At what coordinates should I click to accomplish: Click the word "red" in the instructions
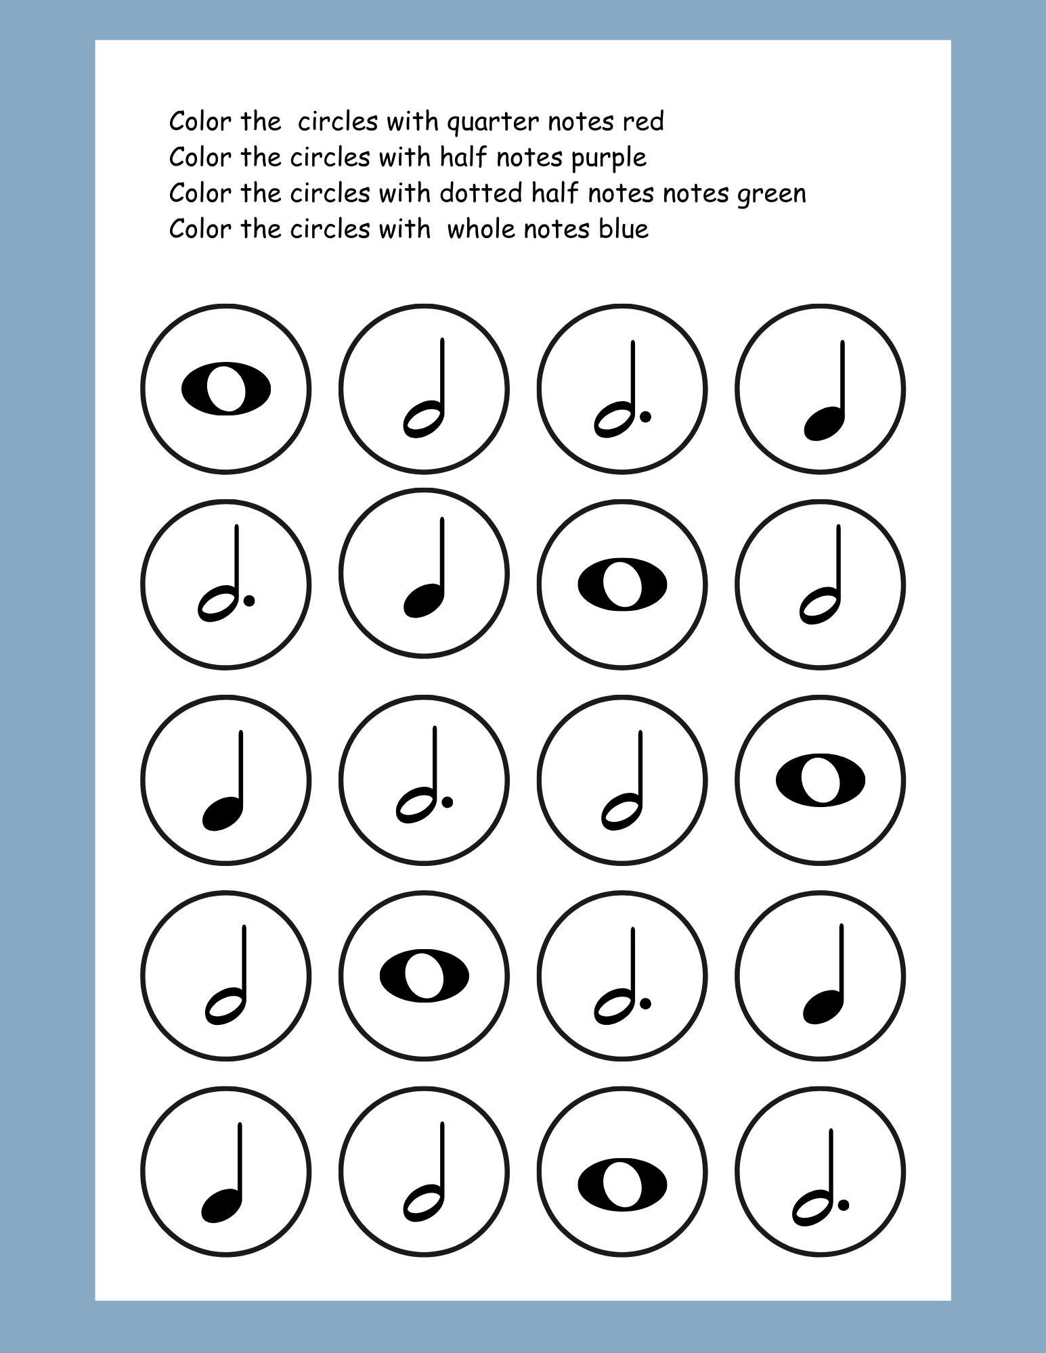pyautogui.click(x=643, y=122)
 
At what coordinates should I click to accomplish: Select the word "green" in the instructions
pyautogui.click(x=771, y=195)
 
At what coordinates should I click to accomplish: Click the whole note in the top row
pyautogui.click(x=226, y=389)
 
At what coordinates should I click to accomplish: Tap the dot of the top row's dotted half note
pyautogui.click(x=645, y=417)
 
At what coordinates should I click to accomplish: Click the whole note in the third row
pyautogui.click(x=820, y=779)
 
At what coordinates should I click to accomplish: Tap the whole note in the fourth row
pyautogui.click(x=424, y=976)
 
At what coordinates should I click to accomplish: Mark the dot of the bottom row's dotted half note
pyautogui.click(x=843, y=1203)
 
